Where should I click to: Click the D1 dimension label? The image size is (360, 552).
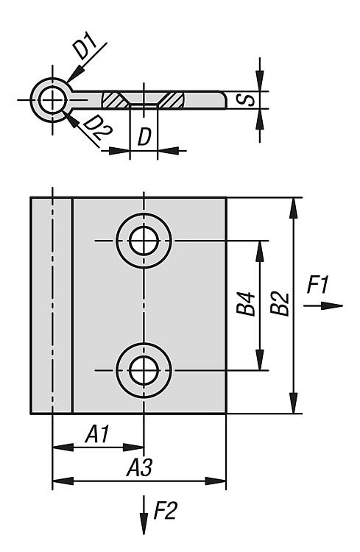point(86,46)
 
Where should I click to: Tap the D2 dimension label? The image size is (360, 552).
point(98,127)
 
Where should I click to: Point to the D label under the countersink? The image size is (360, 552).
point(144,137)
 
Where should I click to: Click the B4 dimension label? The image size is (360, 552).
point(245,303)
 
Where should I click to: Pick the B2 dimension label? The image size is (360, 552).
point(280,303)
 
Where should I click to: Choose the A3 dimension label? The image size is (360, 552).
point(140,467)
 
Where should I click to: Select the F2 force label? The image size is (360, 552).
point(165,511)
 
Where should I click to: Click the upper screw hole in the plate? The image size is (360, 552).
point(144,241)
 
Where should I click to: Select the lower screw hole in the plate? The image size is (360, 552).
point(144,371)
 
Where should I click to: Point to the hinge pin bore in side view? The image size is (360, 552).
point(52,100)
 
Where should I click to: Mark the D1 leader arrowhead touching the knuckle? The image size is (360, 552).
point(74,74)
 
